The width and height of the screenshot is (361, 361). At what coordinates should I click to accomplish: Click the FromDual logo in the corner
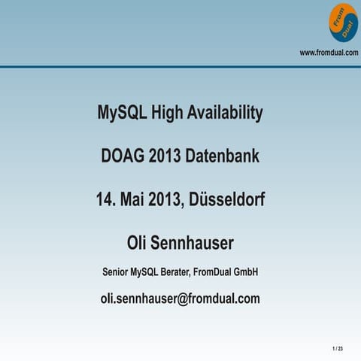[342, 23]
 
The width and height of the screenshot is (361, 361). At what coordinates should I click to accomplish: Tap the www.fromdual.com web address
[329, 52]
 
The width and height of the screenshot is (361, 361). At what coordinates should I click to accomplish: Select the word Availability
[226, 114]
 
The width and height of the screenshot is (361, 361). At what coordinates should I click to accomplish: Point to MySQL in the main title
[122, 114]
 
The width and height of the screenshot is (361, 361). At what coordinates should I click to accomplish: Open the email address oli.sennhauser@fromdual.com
[180, 299]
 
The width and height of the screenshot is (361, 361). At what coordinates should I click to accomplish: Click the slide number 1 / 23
[337, 349]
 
